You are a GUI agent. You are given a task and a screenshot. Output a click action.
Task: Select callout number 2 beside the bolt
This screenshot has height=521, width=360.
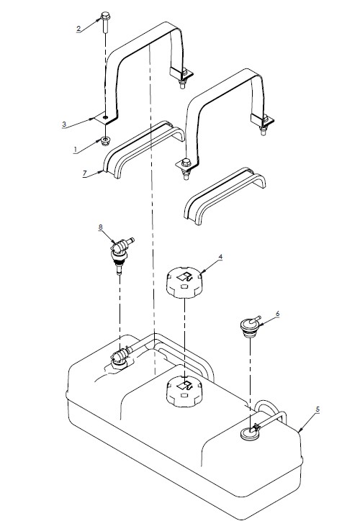click(x=78, y=28)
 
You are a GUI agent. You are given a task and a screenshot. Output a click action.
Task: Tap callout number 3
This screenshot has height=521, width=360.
click(x=65, y=124)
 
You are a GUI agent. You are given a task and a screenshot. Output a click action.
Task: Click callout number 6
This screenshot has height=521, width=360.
click(x=278, y=314)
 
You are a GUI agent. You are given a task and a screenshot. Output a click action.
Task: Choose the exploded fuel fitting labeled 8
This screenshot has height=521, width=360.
click(x=118, y=251)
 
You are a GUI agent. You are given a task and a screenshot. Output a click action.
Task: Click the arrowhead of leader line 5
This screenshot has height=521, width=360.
click(x=298, y=430)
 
